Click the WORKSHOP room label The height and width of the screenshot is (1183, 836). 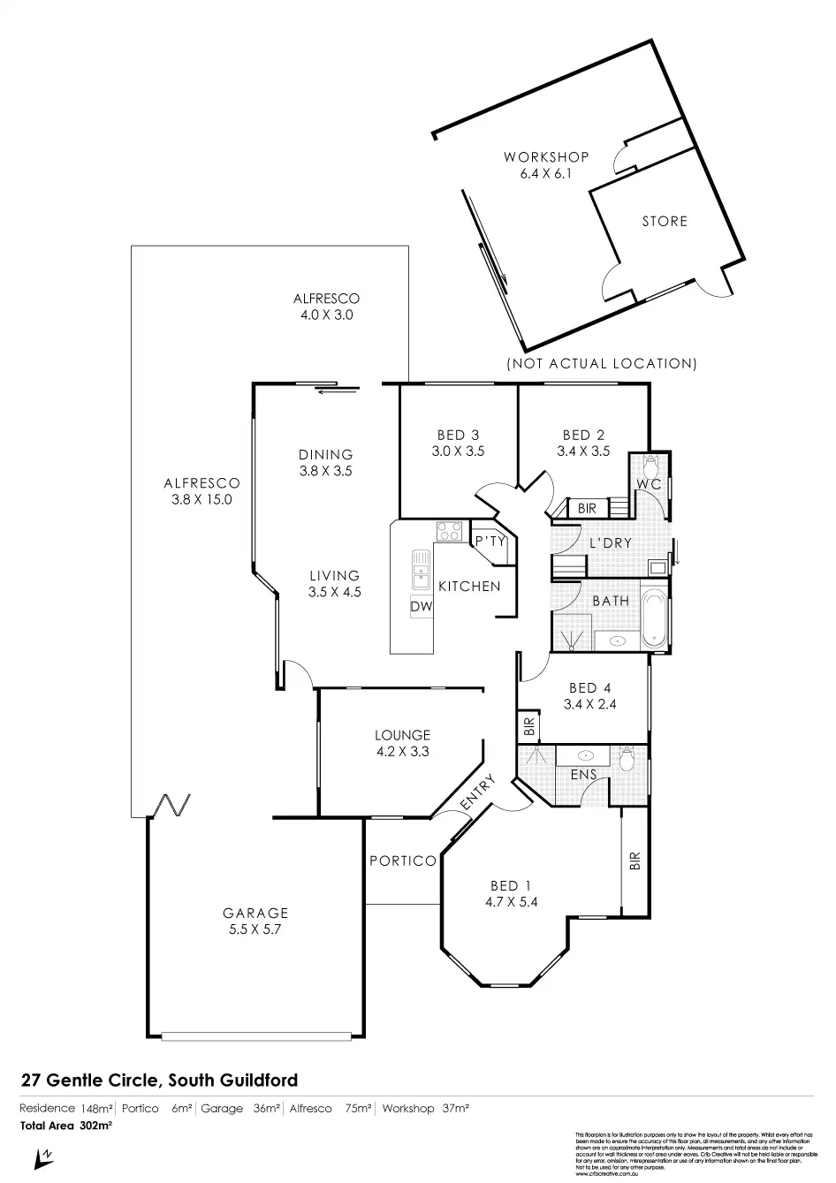point(546,157)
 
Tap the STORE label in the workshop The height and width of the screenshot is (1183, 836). point(665,221)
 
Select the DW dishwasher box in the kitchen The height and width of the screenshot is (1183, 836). point(422,607)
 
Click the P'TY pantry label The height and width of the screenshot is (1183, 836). point(489,542)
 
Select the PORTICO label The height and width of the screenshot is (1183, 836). point(403,861)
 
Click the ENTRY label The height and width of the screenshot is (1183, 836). point(477,793)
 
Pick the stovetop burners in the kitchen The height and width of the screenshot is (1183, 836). point(449,532)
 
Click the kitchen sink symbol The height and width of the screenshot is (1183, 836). point(417,570)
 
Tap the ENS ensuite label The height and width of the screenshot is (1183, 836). point(584,775)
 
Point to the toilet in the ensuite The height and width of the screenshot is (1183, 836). point(628,757)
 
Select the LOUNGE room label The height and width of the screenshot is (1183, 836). point(402,735)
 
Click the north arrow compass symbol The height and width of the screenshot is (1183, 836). point(40,1156)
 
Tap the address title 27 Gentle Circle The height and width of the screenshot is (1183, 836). point(159,1080)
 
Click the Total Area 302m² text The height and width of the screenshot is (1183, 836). point(66,1126)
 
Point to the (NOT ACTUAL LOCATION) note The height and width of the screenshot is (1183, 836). point(601,363)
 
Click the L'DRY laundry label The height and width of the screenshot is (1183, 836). point(610,542)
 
